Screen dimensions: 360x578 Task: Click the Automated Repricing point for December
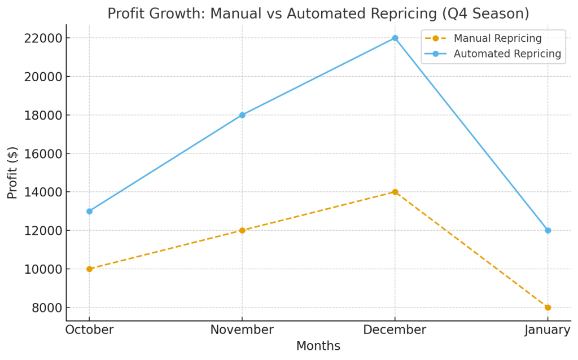(395, 38)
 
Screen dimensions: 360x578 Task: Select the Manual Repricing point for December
(395, 192)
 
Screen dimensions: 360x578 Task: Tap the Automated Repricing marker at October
(89, 211)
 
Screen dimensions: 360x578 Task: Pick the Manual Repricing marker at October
(89, 269)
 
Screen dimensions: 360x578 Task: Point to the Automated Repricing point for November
(242, 115)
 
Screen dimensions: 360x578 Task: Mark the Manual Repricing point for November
(242, 230)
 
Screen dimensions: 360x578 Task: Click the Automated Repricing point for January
(548, 230)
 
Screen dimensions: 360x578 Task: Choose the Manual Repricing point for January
(548, 308)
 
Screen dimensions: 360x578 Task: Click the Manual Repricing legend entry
(497, 38)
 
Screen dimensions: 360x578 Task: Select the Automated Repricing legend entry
(507, 54)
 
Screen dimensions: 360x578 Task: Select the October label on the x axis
(89, 330)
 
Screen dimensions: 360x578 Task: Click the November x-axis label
(242, 330)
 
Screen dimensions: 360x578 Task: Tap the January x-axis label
(547, 330)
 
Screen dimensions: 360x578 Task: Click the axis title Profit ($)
(12, 173)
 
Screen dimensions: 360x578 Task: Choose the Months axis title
(318, 346)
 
